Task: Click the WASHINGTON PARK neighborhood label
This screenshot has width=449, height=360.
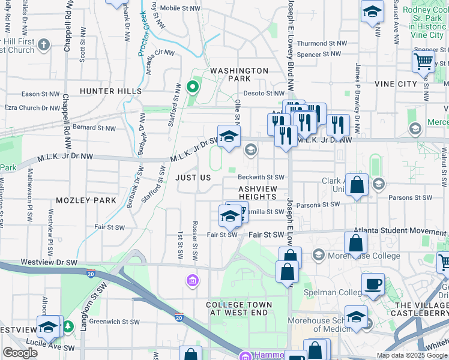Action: (239, 74)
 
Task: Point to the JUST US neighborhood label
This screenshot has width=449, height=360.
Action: (193, 178)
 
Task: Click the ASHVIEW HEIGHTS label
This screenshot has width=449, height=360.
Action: (258, 193)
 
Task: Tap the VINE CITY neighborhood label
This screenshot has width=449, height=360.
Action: (396, 84)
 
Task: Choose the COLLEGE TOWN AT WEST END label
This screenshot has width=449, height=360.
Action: (239, 309)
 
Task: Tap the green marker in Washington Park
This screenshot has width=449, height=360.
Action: (192, 87)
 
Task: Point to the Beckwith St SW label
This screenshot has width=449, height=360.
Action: (261, 177)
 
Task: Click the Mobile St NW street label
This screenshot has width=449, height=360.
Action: (181, 8)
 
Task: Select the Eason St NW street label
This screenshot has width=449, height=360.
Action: (39, 94)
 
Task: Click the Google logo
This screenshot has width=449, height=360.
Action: (20, 353)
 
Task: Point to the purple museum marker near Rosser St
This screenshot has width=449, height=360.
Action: (193, 281)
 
